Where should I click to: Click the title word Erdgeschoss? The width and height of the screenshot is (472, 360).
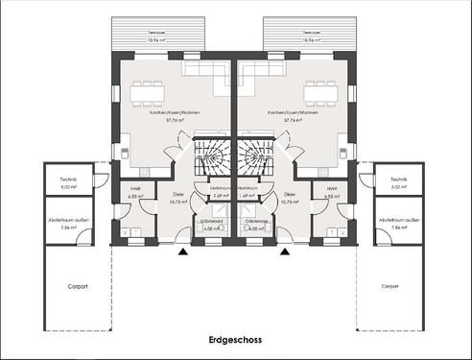coord(235,340)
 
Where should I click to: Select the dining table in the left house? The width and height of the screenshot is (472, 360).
coord(148,94)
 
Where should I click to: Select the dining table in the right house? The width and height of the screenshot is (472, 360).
coord(319,94)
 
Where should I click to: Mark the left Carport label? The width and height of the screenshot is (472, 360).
coord(79,286)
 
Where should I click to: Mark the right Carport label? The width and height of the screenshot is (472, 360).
coord(389,286)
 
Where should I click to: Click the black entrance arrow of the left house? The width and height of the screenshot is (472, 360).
coord(182,252)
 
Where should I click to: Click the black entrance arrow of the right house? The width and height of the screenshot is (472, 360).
coord(284,252)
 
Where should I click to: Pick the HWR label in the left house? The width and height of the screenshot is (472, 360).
coord(134,189)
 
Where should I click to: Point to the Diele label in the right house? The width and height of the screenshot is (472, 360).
coord(290,195)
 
